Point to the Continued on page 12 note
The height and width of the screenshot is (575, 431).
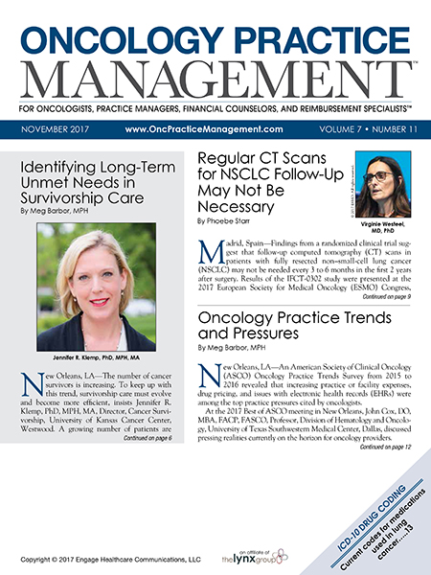click(386, 448)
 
